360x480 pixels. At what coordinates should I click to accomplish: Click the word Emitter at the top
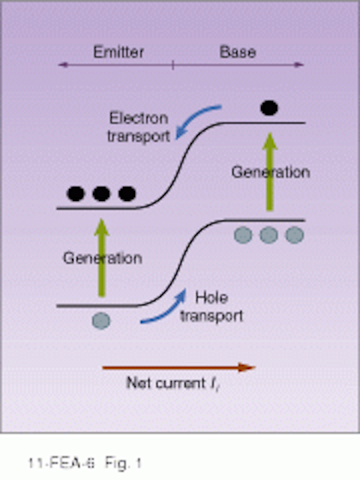click(x=118, y=52)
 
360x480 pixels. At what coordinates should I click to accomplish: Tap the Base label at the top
click(x=238, y=52)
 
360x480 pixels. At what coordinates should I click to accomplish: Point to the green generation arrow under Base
click(x=269, y=172)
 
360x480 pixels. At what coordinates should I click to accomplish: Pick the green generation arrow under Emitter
click(x=102, y=257)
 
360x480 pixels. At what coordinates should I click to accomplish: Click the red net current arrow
click(x=178, y=367)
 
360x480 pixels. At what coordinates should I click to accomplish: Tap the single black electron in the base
click(x=269, y=108)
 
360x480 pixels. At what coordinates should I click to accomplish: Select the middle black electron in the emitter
click(x=101, y=193)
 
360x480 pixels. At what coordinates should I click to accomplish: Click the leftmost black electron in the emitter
click(x=76, y=193)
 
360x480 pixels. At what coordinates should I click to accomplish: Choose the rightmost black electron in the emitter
click(x=127, y=193)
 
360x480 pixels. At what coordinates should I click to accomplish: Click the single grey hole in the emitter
click(x=101, y=321)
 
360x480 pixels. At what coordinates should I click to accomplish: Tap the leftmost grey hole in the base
click(x=243, y=235)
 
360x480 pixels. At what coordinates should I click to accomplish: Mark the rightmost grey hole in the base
click(x=295, y=235)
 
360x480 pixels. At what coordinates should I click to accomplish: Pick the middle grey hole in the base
click(x=268, y=235)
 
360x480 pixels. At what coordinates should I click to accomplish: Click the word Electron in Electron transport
click(x=139, y=118)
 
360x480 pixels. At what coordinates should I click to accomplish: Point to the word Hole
click(x=211, y=298)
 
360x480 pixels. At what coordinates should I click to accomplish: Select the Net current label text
click(x=172, y=383)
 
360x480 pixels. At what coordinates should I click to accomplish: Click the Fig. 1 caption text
click(x=123, y=463)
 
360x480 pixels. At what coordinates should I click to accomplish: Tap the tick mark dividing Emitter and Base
click(x=173, y=65)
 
